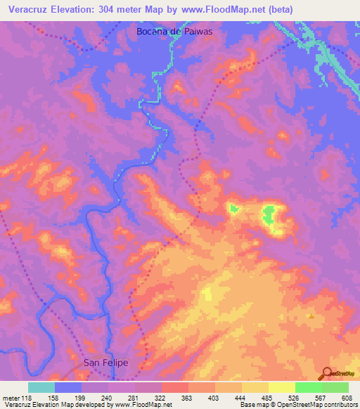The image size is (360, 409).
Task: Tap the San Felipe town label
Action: point(106,363)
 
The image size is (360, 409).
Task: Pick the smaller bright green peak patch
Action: point(233,208)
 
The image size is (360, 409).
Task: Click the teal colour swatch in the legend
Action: point(41,387)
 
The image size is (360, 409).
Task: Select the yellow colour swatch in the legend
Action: point(281,387)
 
